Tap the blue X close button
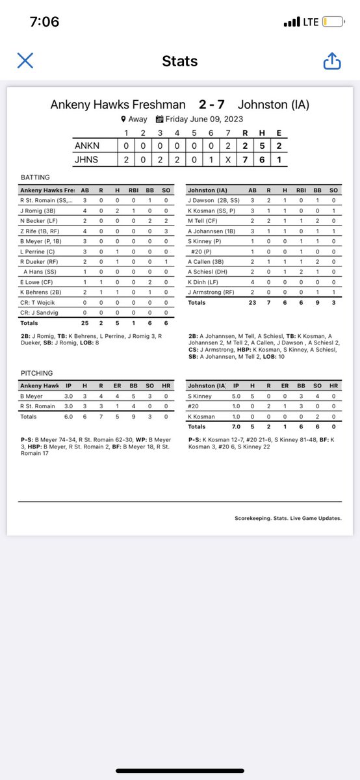coord(25,61)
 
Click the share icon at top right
coord(331,61)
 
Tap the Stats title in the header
coord(179,62)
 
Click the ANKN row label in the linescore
coord(86,146)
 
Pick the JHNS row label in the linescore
coord(86,159)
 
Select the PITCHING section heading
coord(36,373)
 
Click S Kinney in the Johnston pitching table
coord(199,396)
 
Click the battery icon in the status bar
coord(333,22)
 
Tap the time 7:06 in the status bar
coord(44,22)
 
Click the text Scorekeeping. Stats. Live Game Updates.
coord(288,518)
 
